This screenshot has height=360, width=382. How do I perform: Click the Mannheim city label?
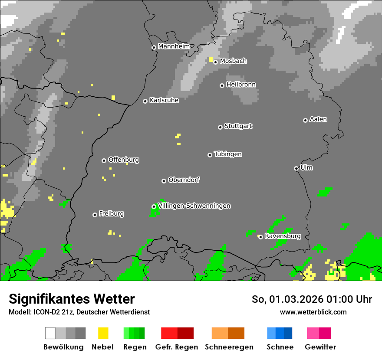174,46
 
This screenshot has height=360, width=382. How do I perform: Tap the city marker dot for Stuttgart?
220,127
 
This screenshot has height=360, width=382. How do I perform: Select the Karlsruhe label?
164,100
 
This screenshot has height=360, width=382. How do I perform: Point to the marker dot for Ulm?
296,168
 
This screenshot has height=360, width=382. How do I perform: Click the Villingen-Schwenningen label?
194,206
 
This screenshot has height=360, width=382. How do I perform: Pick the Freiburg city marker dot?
95,215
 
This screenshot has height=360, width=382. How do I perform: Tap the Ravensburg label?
282,236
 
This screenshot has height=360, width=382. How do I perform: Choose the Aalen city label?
318,119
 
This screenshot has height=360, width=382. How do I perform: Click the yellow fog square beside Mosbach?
211,59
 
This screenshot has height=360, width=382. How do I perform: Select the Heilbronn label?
241,85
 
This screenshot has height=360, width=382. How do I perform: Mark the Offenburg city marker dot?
104,160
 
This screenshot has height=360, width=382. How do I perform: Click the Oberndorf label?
184,180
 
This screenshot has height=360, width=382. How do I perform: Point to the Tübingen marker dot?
210,155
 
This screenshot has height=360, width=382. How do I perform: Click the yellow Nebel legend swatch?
103,333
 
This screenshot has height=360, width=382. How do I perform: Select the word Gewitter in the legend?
320,347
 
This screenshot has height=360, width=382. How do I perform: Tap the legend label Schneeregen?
229,347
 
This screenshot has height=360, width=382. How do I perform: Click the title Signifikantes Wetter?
72,299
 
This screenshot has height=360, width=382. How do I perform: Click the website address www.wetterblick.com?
313,312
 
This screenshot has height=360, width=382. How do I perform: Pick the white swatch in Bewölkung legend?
50,333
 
